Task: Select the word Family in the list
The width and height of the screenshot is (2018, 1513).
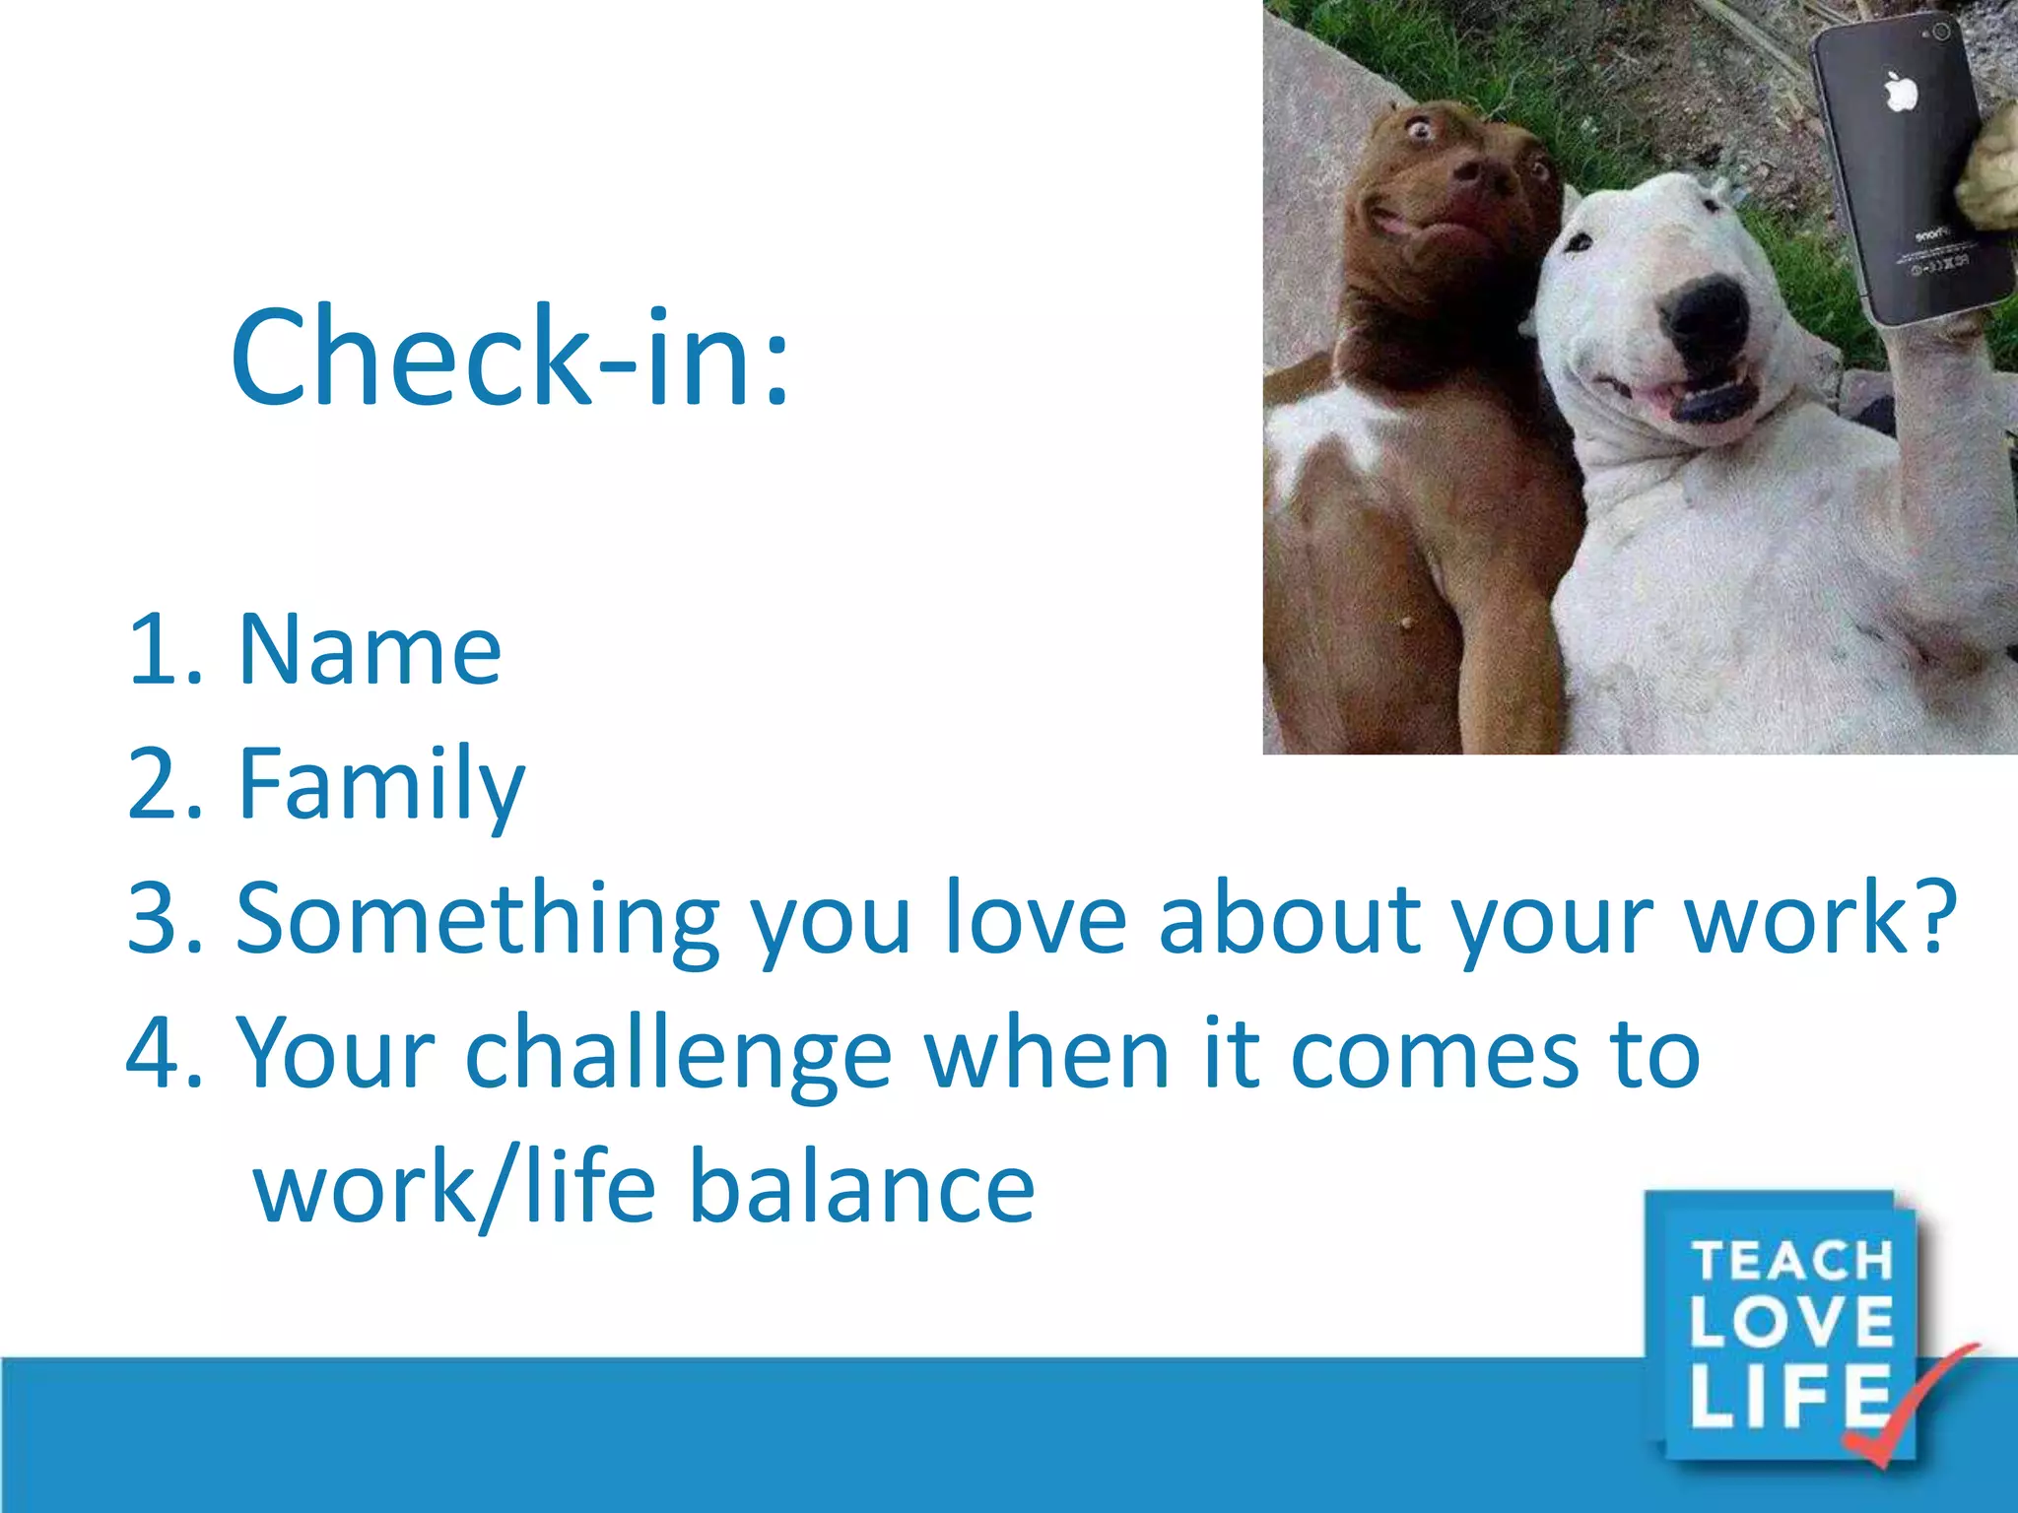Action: tap(381, 784)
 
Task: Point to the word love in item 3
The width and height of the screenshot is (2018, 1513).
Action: tap(1035, 919)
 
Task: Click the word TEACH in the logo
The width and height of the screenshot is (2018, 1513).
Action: tap(1792, 1262)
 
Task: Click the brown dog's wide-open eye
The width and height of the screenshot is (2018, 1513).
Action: tap(1420, 128)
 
